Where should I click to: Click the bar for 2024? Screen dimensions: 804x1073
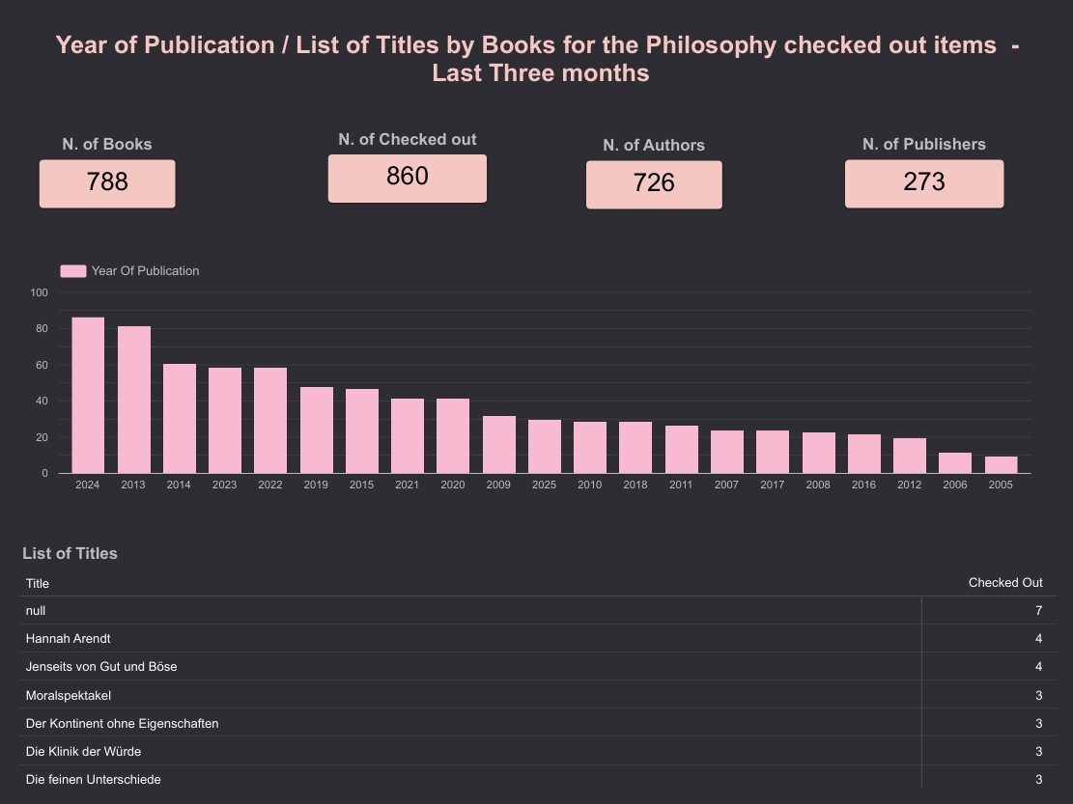88,395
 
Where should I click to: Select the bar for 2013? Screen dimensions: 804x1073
133,400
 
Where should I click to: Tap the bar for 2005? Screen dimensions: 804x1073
1001,464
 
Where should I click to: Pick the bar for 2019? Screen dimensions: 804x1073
316,430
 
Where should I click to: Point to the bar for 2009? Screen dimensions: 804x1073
498,444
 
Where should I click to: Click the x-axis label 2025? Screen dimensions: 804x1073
544,485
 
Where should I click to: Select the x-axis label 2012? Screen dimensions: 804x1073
909,485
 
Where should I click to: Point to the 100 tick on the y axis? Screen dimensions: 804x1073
39,292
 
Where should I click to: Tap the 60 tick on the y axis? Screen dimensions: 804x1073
42,365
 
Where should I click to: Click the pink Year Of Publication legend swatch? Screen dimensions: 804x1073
73,271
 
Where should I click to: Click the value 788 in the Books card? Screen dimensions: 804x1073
107,182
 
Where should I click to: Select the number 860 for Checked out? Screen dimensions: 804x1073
407,177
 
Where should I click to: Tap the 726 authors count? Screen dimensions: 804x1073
654,183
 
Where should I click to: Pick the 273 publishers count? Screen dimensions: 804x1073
924,182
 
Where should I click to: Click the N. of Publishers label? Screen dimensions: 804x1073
924,144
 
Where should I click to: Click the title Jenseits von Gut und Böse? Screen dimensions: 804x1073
101,666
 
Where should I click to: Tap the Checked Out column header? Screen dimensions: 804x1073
1005,583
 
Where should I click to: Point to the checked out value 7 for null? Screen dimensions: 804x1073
1038,610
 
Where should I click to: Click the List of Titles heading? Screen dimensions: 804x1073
70,553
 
